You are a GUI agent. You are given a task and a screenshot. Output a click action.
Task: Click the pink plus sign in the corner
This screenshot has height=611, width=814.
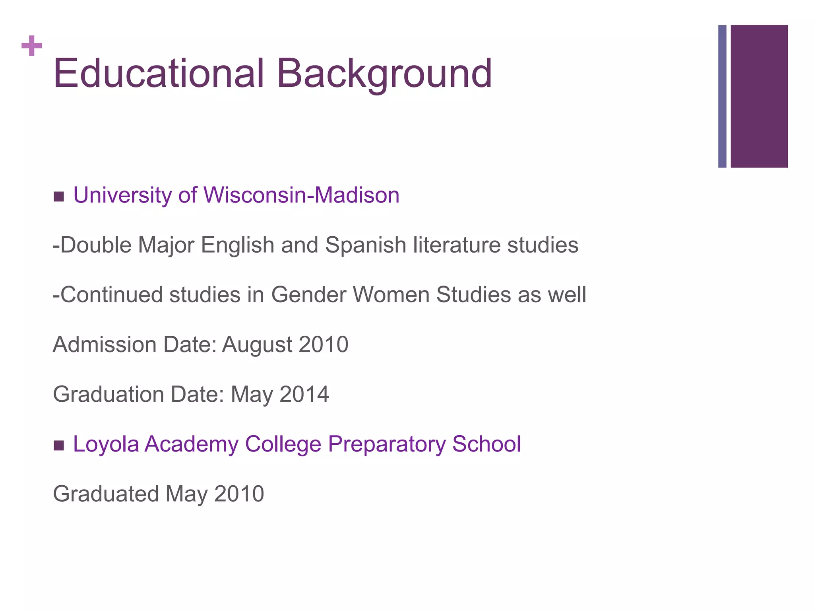tap(32, 46)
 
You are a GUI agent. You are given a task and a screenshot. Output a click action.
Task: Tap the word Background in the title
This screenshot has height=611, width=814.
tap(384, 74)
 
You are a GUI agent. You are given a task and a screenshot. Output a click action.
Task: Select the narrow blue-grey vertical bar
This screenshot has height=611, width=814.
tap(722, 96)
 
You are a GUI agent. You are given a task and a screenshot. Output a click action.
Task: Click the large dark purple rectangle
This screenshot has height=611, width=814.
tap(759, 96)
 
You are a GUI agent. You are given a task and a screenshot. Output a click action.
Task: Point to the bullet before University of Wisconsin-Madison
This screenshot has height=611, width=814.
tap(58, 197)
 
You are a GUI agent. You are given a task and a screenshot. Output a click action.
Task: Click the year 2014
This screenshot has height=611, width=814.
tap(304, 394)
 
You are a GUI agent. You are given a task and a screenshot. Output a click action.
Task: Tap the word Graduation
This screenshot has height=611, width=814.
tap(109, 394)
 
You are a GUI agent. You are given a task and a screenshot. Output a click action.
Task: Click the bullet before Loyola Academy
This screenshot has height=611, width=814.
tap(58, 446)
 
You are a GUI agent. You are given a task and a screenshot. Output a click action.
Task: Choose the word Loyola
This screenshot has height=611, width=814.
tap(106, 444)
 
